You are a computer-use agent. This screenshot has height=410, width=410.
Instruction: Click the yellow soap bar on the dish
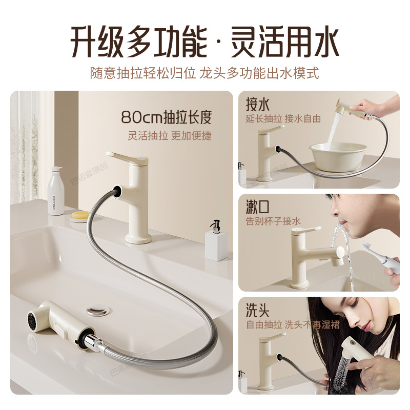coord(79,215)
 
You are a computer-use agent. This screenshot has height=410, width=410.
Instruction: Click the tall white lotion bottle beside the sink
coord(56,191)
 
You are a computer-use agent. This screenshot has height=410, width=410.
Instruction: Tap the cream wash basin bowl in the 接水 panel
coord(338,156)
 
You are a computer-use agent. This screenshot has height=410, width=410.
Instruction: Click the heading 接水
coord(257,105)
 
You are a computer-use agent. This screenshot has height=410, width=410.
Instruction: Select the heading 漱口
coord(257,207)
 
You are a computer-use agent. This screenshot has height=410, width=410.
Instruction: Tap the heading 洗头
coord(257,310)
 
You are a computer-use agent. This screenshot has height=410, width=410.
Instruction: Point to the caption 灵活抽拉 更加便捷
coord(170,136)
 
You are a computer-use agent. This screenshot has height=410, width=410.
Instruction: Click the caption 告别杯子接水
coord(273,221)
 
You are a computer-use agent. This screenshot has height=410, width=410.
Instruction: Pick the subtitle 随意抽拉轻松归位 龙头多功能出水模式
coord(204,73)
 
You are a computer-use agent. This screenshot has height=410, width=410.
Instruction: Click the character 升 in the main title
coord(84,42)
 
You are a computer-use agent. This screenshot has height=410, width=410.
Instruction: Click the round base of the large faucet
coord(138,238)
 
